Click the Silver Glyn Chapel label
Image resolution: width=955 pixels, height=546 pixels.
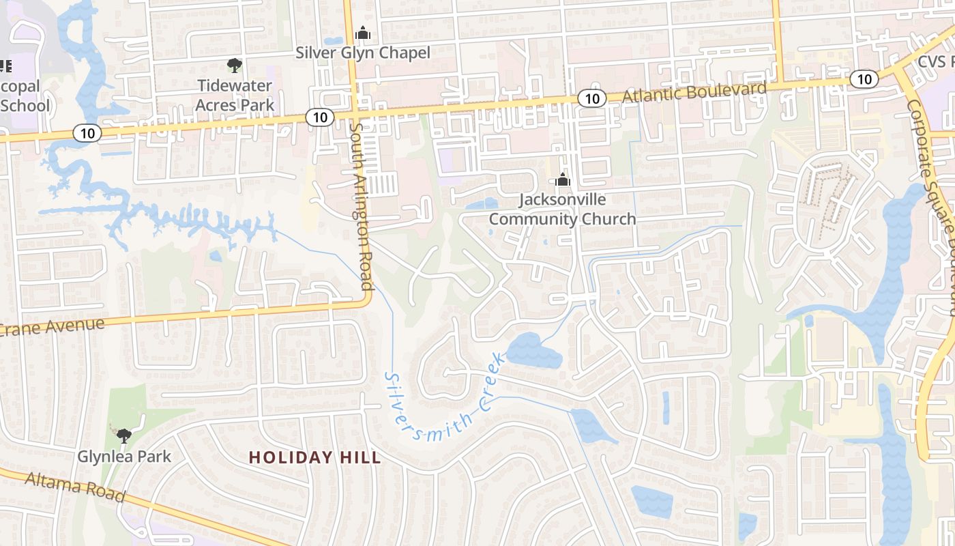362,53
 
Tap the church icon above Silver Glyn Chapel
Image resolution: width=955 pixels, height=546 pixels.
362,33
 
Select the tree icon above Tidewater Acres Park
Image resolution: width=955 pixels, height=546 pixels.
235,66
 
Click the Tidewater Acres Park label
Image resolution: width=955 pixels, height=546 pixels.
235,95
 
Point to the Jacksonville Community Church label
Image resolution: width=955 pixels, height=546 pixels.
562,209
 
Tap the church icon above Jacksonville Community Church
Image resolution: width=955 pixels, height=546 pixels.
562,180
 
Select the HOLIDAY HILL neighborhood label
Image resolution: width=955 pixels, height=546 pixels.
314,457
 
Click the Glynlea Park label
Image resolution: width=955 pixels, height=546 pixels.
124,456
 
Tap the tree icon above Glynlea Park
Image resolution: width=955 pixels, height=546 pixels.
123,435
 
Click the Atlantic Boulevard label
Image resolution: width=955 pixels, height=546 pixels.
694,92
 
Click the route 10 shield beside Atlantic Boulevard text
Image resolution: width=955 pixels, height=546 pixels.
591,99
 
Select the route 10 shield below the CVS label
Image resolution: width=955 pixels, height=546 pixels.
864,79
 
